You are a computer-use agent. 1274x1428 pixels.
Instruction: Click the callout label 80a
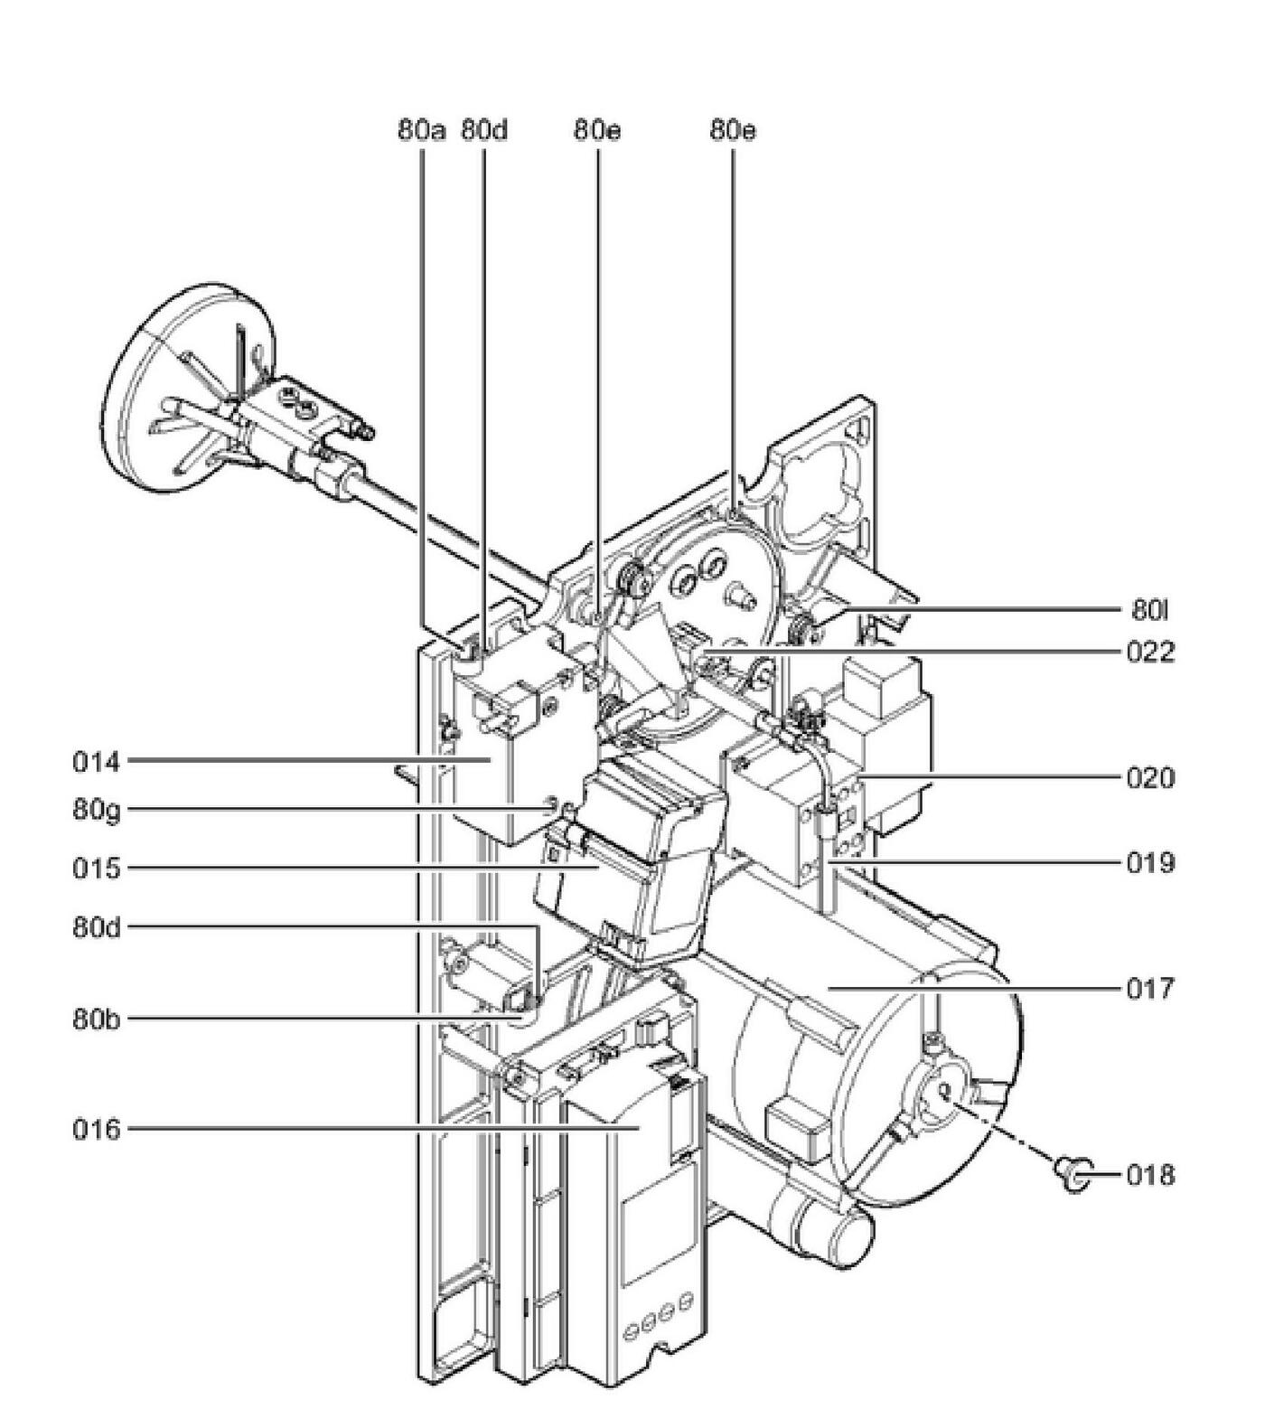[x=421, y=130]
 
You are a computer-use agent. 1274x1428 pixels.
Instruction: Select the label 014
[x=96, y=762]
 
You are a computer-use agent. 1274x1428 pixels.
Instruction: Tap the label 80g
[x=96, y=809]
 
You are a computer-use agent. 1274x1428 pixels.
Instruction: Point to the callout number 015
[x=96, y=869]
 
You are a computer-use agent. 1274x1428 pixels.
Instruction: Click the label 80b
[x=96, y=1019]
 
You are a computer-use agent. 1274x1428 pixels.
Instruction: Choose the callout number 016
[x=96, y=1129]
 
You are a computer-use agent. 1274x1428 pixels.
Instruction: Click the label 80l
[x=1149, y=611]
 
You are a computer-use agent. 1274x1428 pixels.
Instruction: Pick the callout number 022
[x=1150, y=652]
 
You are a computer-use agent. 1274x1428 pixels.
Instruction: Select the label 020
[x=1150, y=777]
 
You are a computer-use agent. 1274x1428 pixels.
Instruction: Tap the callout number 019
[x=1150, y=863]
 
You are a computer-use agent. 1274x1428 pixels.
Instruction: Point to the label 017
[x=1150, y=989]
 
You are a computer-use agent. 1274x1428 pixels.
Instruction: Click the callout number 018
[x=1150, y=1175]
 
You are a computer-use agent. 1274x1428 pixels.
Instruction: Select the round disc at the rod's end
[x=185, y=389]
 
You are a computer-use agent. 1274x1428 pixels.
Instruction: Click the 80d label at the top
[x=484, y=130]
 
